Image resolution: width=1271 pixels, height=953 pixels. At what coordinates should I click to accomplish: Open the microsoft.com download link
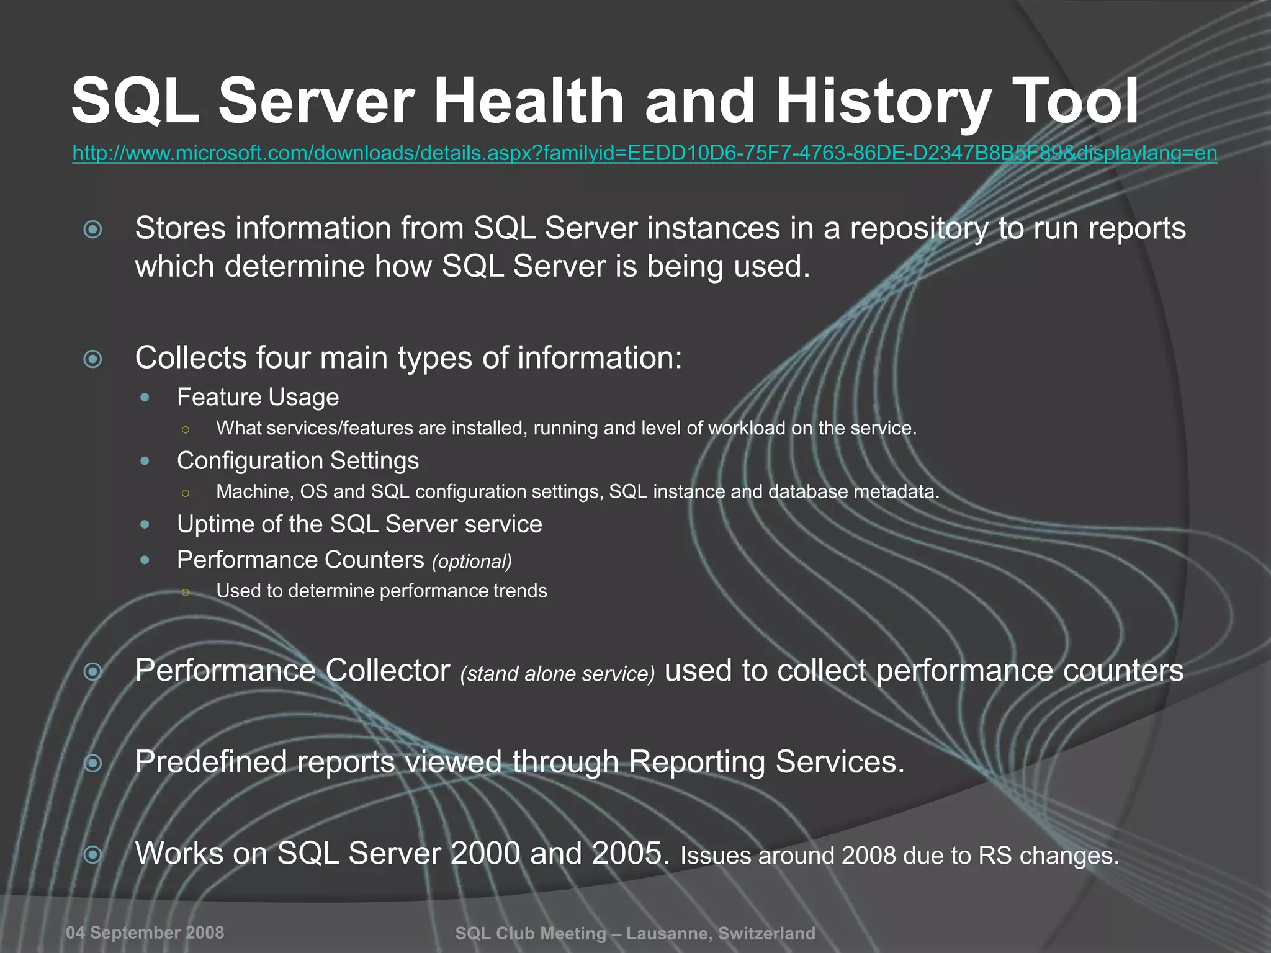coord(644,153)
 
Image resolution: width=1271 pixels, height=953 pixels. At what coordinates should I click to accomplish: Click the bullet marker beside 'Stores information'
coord(93,230)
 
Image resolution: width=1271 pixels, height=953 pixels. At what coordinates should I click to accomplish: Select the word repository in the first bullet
coord(918,228)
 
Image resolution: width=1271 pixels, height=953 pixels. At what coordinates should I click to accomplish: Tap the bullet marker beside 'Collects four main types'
coord(93,359)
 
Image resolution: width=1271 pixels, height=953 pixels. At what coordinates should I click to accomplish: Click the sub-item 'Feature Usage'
coord(258,397)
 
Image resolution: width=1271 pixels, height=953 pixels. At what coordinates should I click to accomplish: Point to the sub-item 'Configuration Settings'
coord(297,461)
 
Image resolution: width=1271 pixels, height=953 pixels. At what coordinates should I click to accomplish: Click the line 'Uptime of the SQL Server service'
coord(359,524)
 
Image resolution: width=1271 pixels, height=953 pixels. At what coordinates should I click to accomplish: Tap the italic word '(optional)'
coord(472,562)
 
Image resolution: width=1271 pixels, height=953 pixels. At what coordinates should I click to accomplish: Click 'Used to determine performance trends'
coord(381,591)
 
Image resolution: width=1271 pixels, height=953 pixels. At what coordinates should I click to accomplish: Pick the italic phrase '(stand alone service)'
coord(557,674)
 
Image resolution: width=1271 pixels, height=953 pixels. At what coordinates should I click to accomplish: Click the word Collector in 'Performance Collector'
coord(387,671)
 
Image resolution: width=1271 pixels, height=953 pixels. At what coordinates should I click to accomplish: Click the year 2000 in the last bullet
coord(485,853)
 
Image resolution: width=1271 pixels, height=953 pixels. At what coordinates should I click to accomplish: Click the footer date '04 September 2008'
coord(145,933)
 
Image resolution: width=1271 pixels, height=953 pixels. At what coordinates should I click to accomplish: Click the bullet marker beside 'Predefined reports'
coord(93,763)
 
